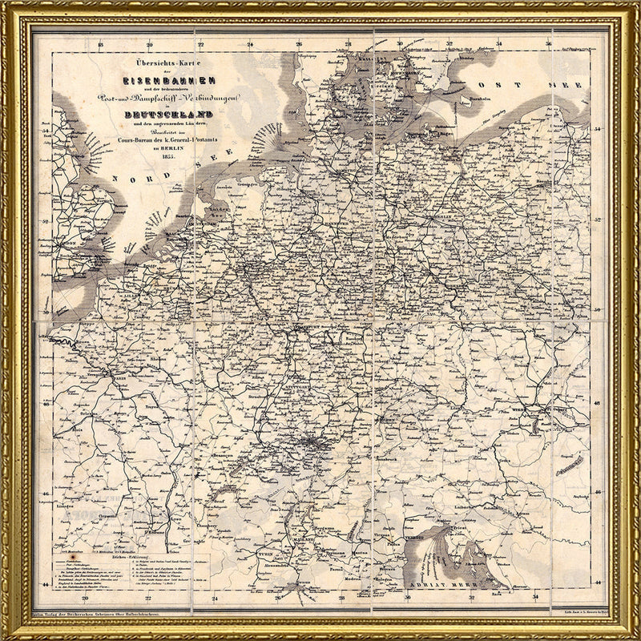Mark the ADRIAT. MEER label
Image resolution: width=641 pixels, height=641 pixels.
coord(433,586)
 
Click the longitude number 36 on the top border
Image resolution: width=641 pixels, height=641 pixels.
coord(550,44)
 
